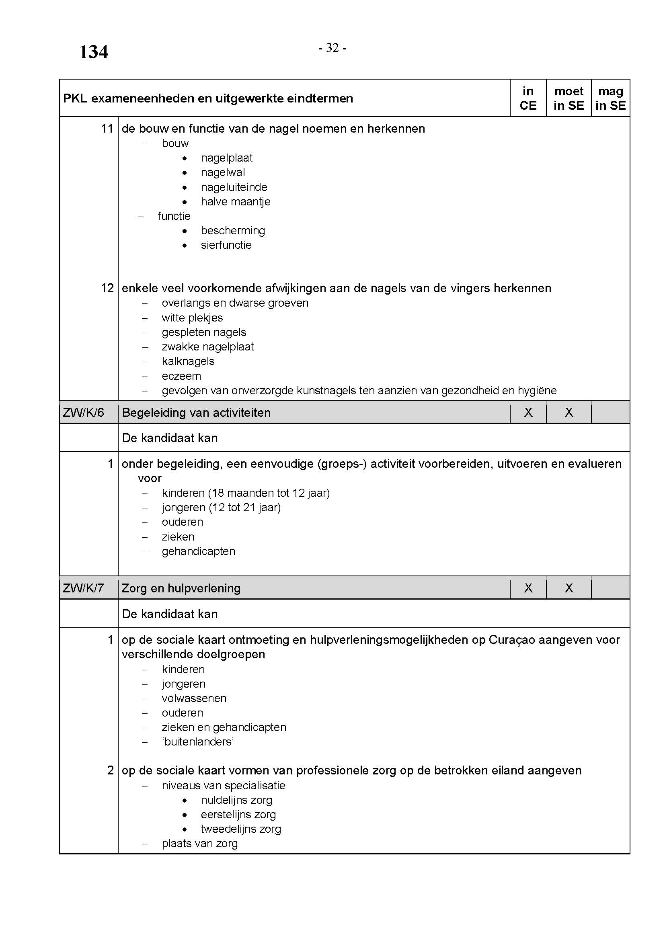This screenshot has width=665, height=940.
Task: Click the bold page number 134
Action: click(93, 52)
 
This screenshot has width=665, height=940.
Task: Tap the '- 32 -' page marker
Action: click(332, 48)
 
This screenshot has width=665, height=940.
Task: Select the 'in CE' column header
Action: click(528, 98)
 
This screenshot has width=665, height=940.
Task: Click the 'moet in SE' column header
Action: click(569, 98)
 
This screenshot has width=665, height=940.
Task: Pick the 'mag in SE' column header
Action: click(610, 98)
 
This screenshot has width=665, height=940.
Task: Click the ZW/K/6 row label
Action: click(84, 412)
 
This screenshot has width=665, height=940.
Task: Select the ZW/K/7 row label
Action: click(84, 588)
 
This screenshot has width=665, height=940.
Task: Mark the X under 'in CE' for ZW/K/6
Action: click(528, 412)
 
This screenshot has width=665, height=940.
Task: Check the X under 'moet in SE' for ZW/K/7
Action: click(569, 588)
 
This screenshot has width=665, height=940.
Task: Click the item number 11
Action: click(107, 129)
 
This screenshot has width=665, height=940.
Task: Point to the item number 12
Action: click(107, 288)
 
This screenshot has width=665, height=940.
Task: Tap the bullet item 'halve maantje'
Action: click(236, 201)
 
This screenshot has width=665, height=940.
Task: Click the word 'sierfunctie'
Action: click(226, 245)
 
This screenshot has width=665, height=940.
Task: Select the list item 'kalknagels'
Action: click(188, 361)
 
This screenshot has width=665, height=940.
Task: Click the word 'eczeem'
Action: click(181, 376)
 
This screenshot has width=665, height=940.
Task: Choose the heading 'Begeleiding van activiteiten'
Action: click(196, 412)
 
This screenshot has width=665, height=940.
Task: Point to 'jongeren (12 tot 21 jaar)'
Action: click(221, 507)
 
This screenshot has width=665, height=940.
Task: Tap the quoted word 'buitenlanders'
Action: click(198, 741)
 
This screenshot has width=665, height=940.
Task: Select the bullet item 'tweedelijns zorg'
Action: click(241, 829)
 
